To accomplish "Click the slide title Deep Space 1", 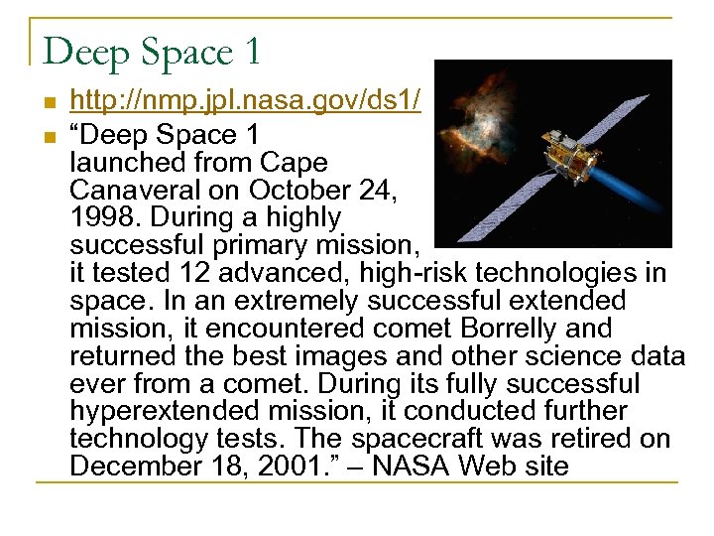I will pyautogui.click(x=153, y=51).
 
